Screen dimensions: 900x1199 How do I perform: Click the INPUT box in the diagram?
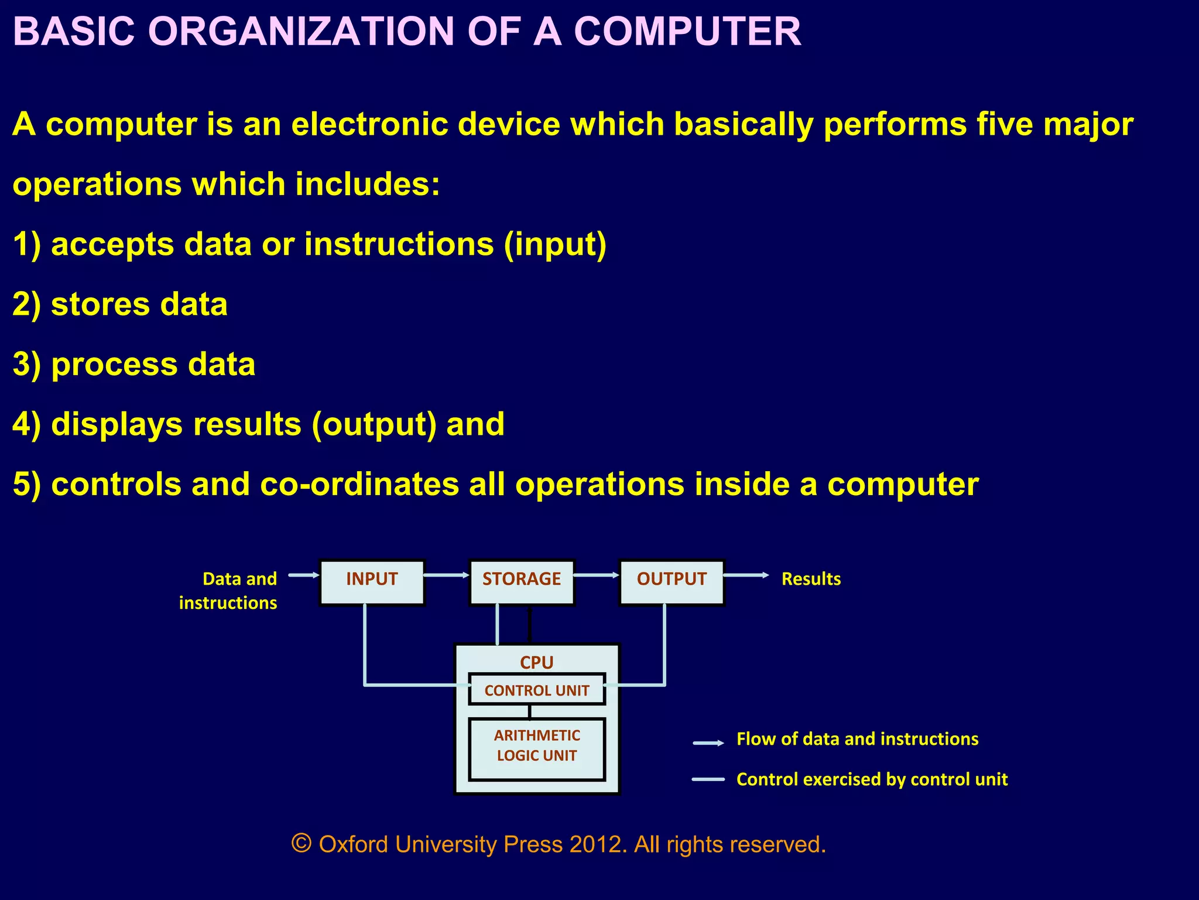(372, 581)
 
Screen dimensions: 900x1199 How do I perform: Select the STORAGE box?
(522, 581)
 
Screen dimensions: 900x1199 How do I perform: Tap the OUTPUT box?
(672, 581)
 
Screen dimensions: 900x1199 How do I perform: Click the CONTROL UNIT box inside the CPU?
(537, 690)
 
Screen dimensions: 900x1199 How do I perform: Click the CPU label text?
(537, 662)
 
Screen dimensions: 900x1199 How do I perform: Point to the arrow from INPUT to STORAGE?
(447, 575)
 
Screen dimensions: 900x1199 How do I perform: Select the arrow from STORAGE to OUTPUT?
(597, 575)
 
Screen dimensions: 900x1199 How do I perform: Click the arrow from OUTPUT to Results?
(746, 575)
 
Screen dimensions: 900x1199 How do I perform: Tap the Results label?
(811, 579)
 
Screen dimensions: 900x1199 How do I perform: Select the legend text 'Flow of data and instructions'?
(857, 739)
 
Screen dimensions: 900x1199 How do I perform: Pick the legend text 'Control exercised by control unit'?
(872, 779)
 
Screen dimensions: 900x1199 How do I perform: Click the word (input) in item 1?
(555, 244)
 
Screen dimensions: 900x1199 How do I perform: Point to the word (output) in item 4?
(374, 425)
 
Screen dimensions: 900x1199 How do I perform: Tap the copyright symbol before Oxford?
(301, 844)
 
